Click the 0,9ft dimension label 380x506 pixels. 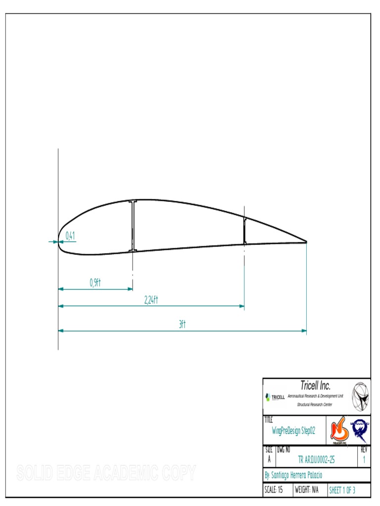tap(95, 282)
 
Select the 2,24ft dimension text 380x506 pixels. tap(151, 299)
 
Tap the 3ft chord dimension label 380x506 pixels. tap(182, 324)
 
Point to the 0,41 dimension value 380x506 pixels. tap(70, 236)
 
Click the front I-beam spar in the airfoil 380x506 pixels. tap(133, 226)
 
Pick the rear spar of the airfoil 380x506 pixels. tap(244, 231)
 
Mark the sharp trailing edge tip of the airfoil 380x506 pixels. tap(306, 242)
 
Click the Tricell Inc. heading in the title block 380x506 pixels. tap(315, 385)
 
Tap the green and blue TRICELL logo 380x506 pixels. tap(275, 397)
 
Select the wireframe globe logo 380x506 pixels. tap(360, 396)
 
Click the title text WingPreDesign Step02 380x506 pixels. tap(294, 430)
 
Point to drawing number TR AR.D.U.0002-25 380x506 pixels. tap(317, 460)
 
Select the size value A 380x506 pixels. tap(269, 460)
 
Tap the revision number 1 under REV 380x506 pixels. tap(364, 460)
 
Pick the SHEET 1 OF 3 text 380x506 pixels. tap(342, 490)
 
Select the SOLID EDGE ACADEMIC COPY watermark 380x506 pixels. tap(106, 473)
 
